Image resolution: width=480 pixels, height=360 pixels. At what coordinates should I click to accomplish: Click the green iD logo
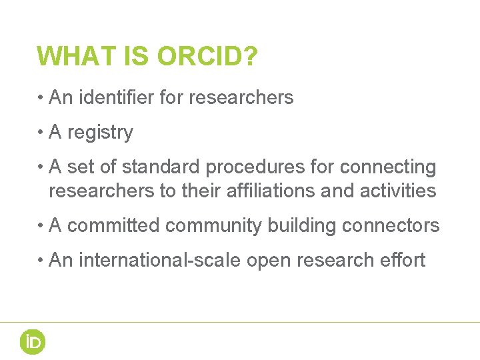(32, 342)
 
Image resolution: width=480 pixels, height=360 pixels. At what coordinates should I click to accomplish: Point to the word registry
(100, 133)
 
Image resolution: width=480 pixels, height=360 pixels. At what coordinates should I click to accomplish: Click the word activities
(398, 191)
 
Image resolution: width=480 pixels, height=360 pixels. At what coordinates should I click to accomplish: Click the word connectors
(391, 226)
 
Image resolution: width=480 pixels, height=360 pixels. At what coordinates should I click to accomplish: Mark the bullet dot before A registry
(41, 133)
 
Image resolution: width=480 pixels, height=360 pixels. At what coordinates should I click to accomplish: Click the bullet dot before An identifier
(41, 98)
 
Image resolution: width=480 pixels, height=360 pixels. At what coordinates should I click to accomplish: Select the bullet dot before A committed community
(41, 226)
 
